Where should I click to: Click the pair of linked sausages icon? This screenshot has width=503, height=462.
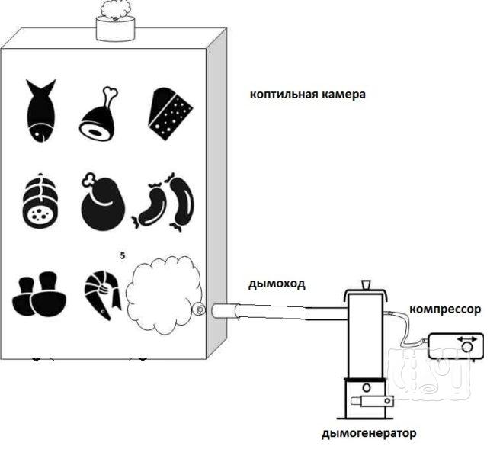pos(168,203)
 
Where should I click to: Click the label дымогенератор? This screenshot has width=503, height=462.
pos(369,434)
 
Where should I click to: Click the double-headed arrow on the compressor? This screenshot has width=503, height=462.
pos(465,338)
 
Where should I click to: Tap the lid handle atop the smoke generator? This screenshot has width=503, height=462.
pos(366,284)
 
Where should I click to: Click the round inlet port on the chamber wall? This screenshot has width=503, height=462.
pos(199,309)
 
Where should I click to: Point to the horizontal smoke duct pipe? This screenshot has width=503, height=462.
pos(274,309)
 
